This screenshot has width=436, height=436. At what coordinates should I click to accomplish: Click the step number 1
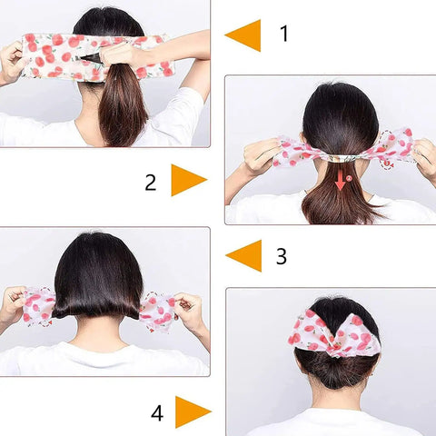[284, 35]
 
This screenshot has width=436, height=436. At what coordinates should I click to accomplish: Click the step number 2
[151, 182]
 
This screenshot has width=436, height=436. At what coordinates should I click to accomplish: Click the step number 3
[282, 256]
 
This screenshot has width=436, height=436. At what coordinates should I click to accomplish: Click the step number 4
[157, 413]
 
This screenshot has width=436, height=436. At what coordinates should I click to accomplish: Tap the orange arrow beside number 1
[243, 35]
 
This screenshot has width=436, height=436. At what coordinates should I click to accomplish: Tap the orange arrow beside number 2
[188, 181]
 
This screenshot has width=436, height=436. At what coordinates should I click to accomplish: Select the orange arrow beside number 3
[243, 256]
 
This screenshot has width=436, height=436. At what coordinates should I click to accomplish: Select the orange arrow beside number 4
[193, 412]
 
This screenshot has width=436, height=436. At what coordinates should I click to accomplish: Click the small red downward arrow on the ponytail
[340, 183]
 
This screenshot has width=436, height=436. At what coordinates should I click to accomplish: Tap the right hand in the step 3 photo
[189, 312]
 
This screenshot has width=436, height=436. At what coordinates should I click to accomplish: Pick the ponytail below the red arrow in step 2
[340, 207]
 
